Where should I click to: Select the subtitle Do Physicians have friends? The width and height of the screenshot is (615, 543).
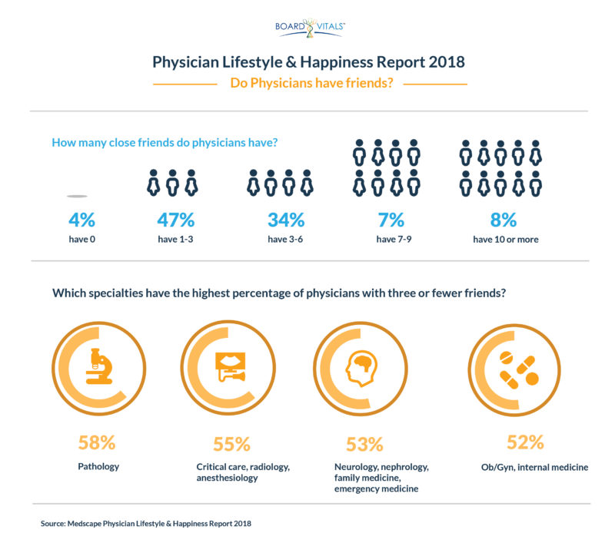tap(311, 84)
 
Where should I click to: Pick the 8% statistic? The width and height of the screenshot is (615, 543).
tap(505, 220)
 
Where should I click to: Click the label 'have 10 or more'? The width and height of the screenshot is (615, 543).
tap(505, 240)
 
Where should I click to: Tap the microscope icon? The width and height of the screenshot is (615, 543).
tap(98, 366)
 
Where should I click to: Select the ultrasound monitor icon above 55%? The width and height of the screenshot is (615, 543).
tap(229, 367)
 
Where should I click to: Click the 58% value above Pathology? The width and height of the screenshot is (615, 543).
tap(97, 442)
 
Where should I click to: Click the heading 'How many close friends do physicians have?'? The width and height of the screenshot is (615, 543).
tap(164, 142)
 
